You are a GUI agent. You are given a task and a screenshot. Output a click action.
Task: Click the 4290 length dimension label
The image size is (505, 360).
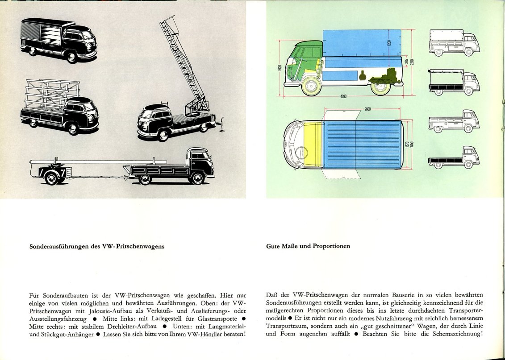point(343,97)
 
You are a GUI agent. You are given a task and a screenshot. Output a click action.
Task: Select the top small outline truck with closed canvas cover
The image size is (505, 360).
point(454,43)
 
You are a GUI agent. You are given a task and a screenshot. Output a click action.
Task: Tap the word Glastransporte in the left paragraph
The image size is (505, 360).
point(214,319)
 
